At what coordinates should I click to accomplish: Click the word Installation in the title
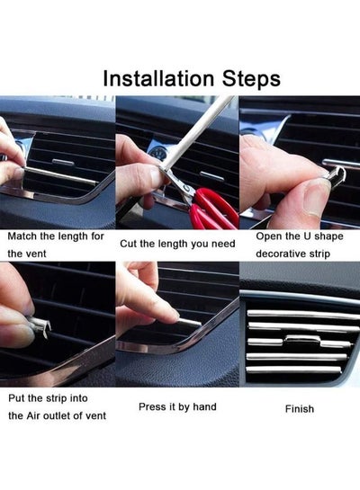tap(158, 78)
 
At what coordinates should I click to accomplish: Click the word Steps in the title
tap(251, 80)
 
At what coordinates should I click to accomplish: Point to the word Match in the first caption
tap(22, 236)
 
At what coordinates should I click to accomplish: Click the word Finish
tap(300, 409)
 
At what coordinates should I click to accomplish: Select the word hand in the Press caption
tap(204, 406)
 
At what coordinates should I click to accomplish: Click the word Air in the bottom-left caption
tap(33, 415)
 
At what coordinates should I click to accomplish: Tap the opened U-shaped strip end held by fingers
tap(336, 176)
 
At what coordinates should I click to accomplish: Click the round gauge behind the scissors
tap(154, 152)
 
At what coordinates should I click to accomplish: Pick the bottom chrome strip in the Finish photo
tap(293, 370)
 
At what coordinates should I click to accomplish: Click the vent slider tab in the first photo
tap(63, 162)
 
